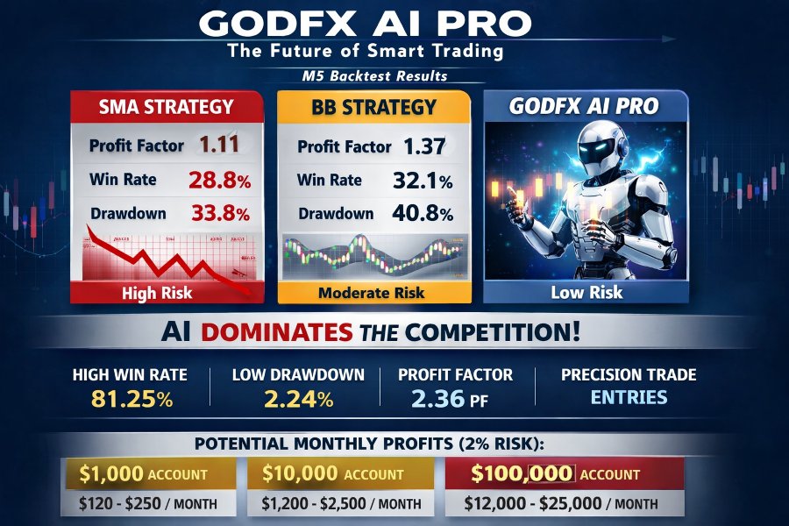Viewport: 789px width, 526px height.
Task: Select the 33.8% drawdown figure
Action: [x=219, y=213]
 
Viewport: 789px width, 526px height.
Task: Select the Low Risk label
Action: [x=586, y=293]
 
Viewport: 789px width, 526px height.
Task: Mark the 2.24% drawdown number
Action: [x=298, y=400]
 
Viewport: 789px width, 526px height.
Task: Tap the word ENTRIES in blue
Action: [x=628, y=397]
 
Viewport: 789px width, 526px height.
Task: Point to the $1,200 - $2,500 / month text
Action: [x=342, y=504]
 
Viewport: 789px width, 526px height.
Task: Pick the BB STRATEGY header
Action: [x=373, y=108]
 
